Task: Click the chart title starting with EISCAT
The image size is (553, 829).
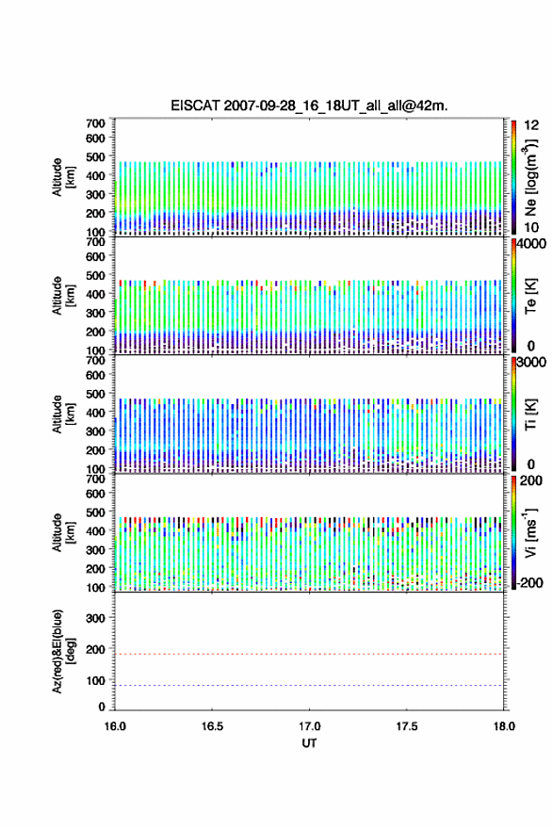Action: click(x=309, y=106)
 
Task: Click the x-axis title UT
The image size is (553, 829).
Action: click(x=309, y=743)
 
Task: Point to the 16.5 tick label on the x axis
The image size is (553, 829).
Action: click(x=212, y=726)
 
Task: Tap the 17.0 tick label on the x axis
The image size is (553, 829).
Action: click(x=309, y=726)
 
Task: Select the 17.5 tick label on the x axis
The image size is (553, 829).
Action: click(x=407, y=726)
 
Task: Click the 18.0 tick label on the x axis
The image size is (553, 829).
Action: click(x=504, y=726)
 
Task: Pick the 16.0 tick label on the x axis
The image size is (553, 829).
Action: click(x=115, y=726)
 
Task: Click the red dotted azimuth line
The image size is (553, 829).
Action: click(x=309, y=654)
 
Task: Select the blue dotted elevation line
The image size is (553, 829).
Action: click(x=309, y=685)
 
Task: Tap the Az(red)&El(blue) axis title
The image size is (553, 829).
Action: click(x=63, y=651)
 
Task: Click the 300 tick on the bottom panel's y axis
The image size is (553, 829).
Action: click(x=96, y=618)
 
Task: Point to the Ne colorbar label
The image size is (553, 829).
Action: click(x=530, y=178)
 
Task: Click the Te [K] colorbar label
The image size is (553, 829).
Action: click(x=530, y=296)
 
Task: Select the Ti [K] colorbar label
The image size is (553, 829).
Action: click(x=530, y=414)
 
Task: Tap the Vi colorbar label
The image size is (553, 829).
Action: click(x=530, y=532)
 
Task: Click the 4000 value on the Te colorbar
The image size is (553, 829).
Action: click(x=531, y=244)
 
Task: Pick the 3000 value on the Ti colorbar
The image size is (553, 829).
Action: click(x=531, y=362)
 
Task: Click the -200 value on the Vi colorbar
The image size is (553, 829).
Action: click(x=530, y=583)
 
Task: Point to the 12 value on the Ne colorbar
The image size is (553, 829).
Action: click(x=531, y=125)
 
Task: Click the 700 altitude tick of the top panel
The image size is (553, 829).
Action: click(x=96, y=123)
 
